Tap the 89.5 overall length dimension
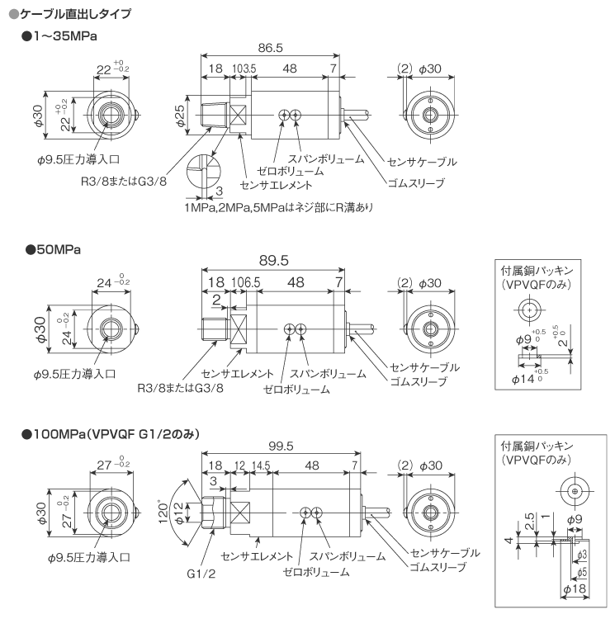(273, 260)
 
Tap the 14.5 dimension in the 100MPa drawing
(261, 466)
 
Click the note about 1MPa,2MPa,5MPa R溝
(279, 207)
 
